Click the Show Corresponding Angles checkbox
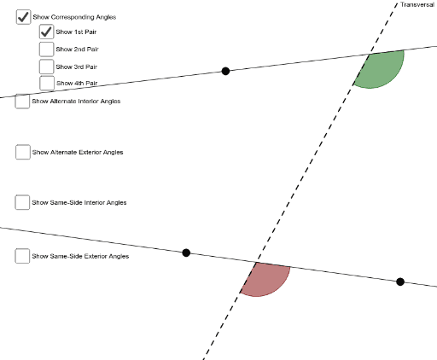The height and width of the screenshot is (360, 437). pyautogui.click(x=23, y=16)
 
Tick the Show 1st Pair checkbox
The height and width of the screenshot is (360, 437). pyautogui.click(x=46, y=32)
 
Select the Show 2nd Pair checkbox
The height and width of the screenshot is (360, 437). pyautogui.click(x=46, y=49)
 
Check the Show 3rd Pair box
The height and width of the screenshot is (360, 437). pyautogui.click(x=46, y=66)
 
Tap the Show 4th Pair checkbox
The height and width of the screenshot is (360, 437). pyautogui.click(x=46, y=83)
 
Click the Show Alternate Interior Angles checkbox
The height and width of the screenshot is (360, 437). pyautogui.click(x=22, y=102)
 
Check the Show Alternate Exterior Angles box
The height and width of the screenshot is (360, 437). pyautogui.click(x=22, y=152)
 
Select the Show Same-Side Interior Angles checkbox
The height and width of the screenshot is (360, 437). pyautogui.click(x=22, y=202)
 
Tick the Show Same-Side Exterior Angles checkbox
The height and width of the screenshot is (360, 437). pyautogui.click(x=22, y=256)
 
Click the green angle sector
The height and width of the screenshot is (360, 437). pyautogui.click(x=382, y=71)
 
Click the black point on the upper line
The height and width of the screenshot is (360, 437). pyautogui.click(x=225, y=71)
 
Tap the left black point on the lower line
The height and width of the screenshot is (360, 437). pyautogui.click(x=186, y=253)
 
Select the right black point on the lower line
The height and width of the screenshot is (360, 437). pyautogui.click(x=400, y=282)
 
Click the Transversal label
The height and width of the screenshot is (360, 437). pyautogui.click(x=417, y=5)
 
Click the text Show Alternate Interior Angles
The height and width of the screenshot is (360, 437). pyautogui.click(x=76, y=102)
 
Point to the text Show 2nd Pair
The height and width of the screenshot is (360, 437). pyautogui.click(x=77, y=49)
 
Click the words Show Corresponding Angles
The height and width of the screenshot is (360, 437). pyautogui.click(x=74, y=17)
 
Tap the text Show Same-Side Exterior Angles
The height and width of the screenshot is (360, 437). pyautogui.click(x=80, y=256)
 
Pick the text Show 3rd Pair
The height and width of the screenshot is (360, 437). pyautogui.click(x=77, y=66)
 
